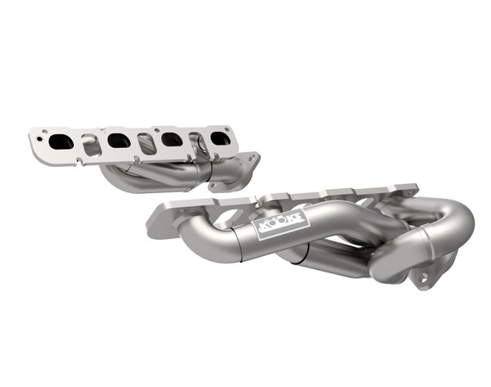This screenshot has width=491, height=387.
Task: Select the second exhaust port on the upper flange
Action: click(x=118, y=141)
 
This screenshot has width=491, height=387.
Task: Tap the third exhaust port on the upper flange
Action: click(x=171, y=139)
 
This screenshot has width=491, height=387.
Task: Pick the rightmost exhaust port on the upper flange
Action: click(x=219, y=138)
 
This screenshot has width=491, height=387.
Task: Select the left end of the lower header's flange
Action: click(x=160, y=219)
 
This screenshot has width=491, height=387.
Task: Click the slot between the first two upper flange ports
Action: click(x=91, y=145)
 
